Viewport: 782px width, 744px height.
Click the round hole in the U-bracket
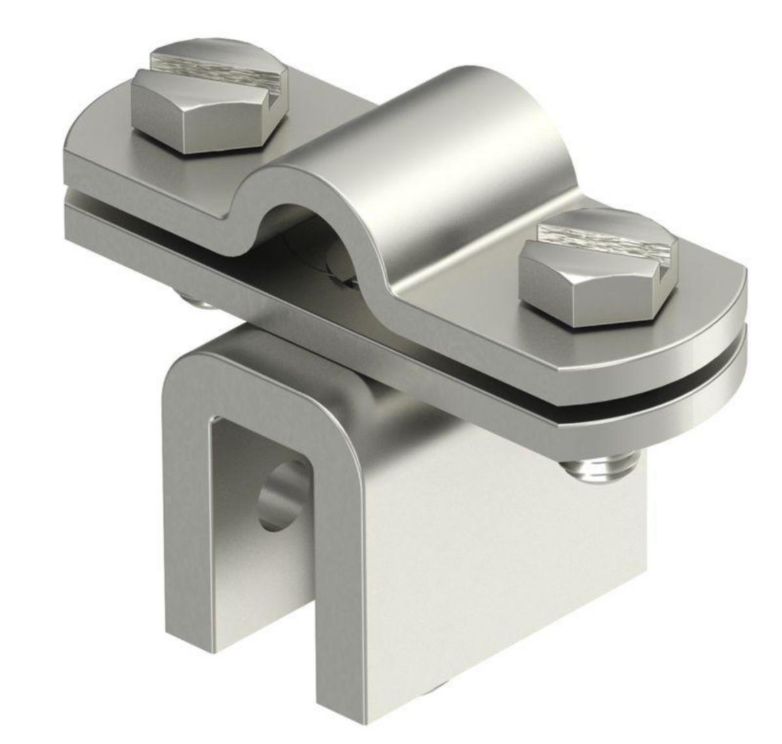coord(282,495)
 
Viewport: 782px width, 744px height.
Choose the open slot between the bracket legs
coord(261,586)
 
